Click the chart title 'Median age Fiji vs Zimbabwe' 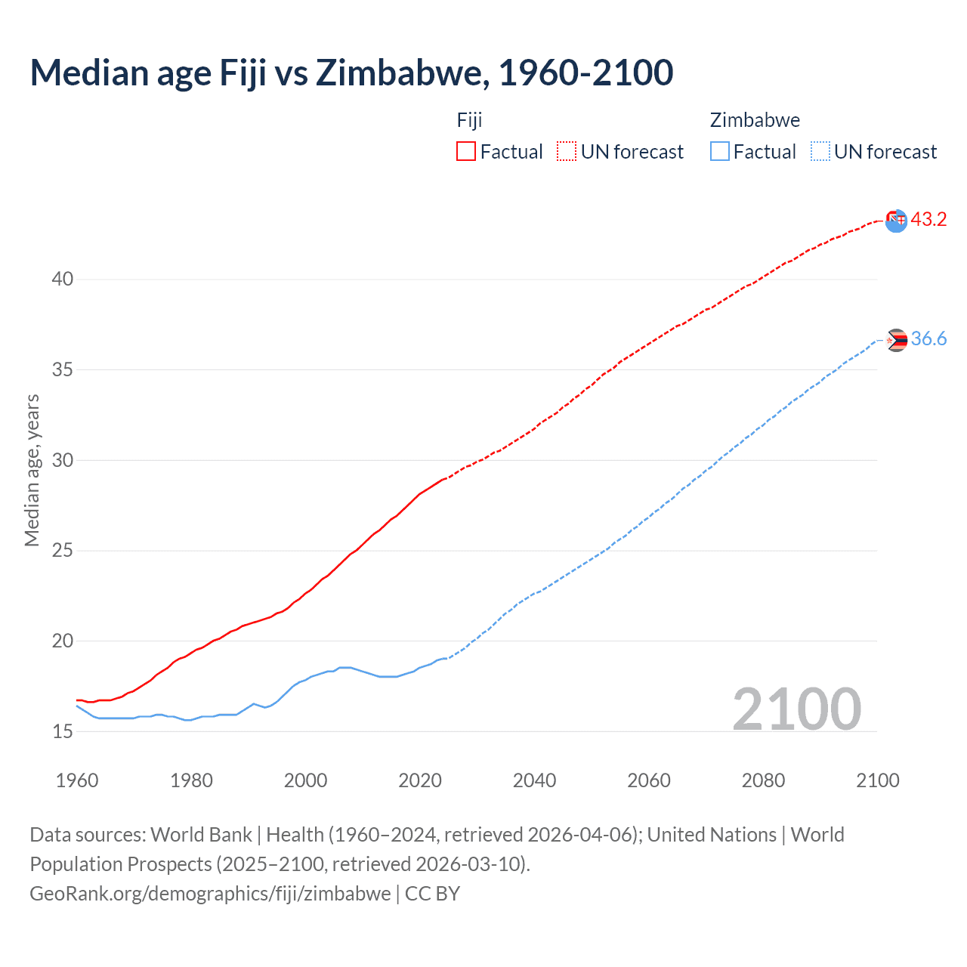coord(351,73)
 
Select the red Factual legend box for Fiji coord(466,151)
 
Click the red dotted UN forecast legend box coord(567,151)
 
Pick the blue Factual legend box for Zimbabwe coord(720,151)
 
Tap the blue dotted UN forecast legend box coord(820,151)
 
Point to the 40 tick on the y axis coord(62,279)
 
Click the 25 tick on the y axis coord(62,550)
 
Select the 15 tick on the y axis coord(62,731)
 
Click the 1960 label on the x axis coord(77,780)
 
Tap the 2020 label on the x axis coord(420,780)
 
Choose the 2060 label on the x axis coord(649,780)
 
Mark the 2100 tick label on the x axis coord(878,780)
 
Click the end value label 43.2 coord(928,219)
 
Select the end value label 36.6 coord(928,338)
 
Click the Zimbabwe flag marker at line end coord(896,340)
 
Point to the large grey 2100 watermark coord(796,709)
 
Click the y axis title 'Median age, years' coord(32,470)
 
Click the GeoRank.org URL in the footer coord(210,893)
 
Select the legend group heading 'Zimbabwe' coord(755,120)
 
